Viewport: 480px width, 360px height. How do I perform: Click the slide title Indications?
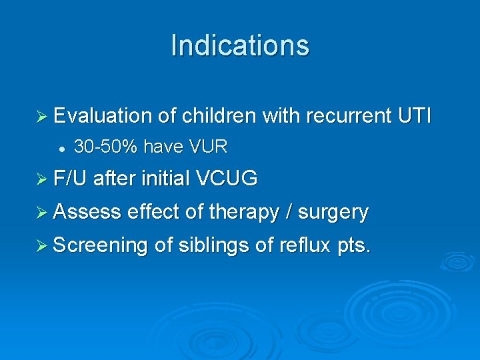(240, 45)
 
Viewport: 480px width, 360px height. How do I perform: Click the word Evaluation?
(103, 116)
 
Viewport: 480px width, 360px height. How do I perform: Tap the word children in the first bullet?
(217, 116)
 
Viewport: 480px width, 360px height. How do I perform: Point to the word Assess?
(87, 212)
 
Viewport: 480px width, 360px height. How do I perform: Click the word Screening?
(100, 245)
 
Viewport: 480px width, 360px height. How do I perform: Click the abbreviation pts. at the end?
(354, 246)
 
